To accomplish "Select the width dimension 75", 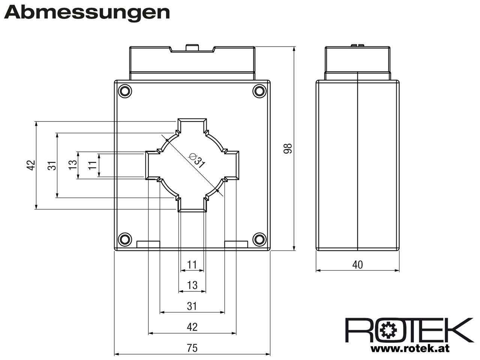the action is click(x=192, y=348).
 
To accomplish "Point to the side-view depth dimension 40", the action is click(x=357, y=265).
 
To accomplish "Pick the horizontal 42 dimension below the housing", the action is click(x=192, y=327).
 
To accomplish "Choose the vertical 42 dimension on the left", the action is click(x=31, y=165).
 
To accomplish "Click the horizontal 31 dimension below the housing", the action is click(x=192, y=306).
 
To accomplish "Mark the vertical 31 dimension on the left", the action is click(x=52, y=165).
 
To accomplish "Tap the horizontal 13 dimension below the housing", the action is click(x=192, y=285).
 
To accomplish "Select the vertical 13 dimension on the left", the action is click(x=73, y=165).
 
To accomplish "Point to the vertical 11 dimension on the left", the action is click(x=92, y=165).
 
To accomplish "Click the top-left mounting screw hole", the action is click(x=125, y=91).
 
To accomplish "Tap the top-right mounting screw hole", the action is click(x=259, y=91).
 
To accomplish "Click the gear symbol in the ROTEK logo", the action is click(x=388, y=330).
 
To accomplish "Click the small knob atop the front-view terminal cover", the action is click(x=192, y=48).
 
